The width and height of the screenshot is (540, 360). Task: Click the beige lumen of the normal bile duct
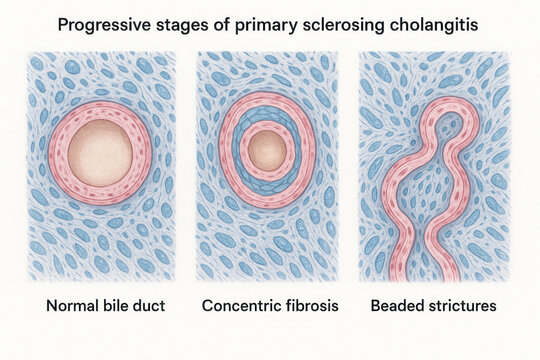point(100,148)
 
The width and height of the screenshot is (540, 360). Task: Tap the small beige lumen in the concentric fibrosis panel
point(267,150)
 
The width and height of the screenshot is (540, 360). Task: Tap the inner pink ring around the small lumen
point(267,130)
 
